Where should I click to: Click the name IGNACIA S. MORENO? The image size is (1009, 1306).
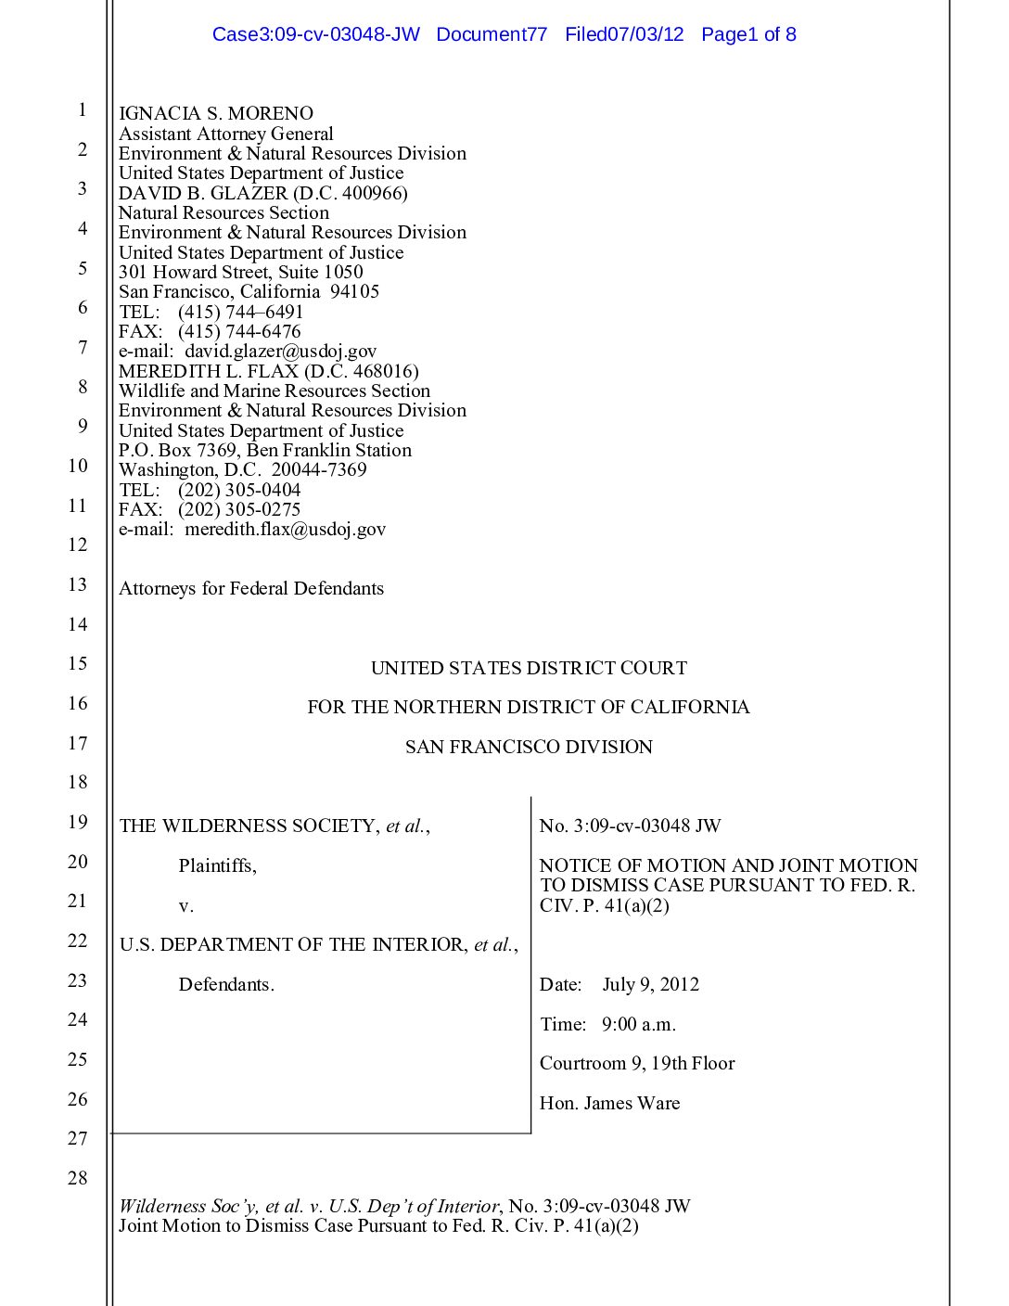(x=216, y=114)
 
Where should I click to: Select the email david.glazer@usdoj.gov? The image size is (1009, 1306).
(x=280, y=352)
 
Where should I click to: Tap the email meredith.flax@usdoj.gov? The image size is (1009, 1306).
(x=285, y=530)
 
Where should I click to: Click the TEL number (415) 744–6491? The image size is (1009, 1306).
(x=240, y=313)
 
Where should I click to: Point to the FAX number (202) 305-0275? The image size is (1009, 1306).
(x=239, y=510)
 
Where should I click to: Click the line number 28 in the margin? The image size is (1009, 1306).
(x=78, y=1178)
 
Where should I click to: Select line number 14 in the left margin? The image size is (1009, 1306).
(x=78, y=624)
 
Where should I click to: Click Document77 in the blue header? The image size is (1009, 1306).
(x=492, y=35)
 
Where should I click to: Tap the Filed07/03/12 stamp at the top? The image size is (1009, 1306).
(x=624, y=35)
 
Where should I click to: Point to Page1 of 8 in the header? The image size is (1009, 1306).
(x=748, y=35)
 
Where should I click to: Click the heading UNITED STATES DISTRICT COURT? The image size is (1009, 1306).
(x=529, y=669)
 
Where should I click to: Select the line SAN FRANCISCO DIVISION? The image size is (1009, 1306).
(x=529, y=748)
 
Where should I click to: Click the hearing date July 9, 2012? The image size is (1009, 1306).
(x=650, y=985)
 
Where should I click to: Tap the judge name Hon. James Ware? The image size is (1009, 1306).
(x=609, y=1104)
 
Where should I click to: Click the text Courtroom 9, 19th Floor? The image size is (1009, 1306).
(x=637, y=1064)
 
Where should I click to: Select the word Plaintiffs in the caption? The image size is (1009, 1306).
(x=217, y=866)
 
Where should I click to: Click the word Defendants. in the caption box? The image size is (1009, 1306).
(x=226, y=985)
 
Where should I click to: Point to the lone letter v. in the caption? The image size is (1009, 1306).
(x=185, y=906)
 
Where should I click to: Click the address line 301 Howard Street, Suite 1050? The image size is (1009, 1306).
(x=241, y=273)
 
